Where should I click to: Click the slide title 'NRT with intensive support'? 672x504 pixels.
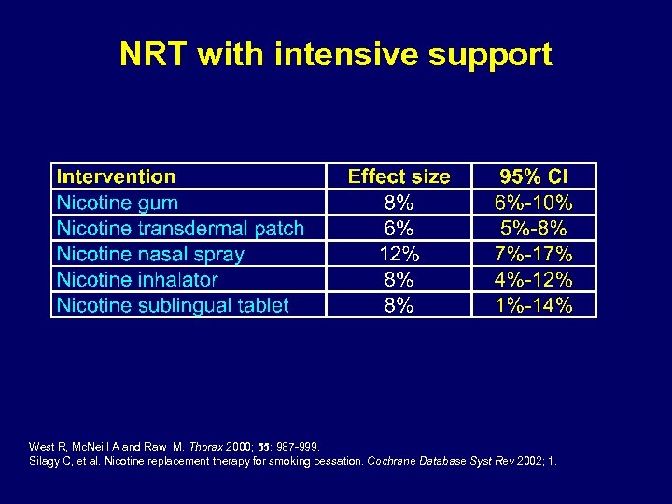[336, 55]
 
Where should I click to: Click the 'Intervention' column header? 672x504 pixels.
[116, 176]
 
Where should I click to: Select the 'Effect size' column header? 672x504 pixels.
[399, 176]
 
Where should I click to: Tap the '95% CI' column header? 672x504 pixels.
[534, 176]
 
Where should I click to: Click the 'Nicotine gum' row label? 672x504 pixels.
[118, 203]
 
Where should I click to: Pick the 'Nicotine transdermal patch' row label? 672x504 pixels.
[180, 228]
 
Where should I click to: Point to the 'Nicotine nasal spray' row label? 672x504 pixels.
[150, 254]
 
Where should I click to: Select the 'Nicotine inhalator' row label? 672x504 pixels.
[137, 279]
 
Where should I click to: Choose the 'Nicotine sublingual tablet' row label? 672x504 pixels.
[173, 305]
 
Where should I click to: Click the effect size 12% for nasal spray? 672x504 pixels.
[399, 254]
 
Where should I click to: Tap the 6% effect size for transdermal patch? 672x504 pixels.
[399, 228]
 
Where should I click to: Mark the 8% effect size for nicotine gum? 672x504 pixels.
[399, 203]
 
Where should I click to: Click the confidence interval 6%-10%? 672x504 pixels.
[534, 203]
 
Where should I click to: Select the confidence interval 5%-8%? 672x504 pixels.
[534, 228]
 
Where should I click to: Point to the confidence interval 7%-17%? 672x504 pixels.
[534, 254]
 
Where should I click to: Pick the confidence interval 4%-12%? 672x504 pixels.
[534, 279]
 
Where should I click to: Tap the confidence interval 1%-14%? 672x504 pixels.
[534, 305]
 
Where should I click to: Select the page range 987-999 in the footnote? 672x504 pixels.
[296, 447]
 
